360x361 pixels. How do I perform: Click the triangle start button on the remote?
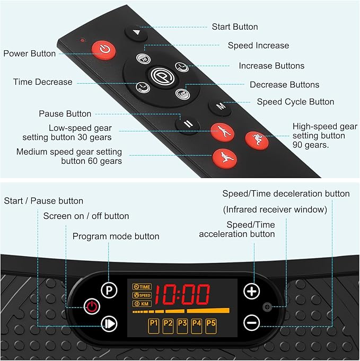coord(136,33)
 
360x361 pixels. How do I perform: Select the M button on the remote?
coord(220,107)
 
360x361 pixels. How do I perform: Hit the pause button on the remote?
coord(188,125)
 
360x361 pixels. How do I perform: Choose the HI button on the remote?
coord(143,59)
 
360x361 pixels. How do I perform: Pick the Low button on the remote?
coord(182,94)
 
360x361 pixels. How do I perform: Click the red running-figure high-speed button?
coord(257,140)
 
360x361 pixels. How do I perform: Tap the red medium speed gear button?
coord(225,159)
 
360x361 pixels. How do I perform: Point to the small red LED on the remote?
coord(83,40)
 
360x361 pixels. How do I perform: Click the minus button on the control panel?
coord(251,322)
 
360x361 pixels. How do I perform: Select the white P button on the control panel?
coord(109,290)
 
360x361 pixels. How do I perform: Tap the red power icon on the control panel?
coord(92,306)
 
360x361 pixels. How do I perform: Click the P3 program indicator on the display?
coord(182,326)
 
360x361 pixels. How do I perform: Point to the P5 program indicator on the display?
coord(210,326)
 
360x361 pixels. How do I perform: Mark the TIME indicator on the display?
coord(142,287)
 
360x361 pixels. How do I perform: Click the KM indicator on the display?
coord(142,304)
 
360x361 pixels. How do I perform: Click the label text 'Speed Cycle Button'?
coord(295,102)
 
